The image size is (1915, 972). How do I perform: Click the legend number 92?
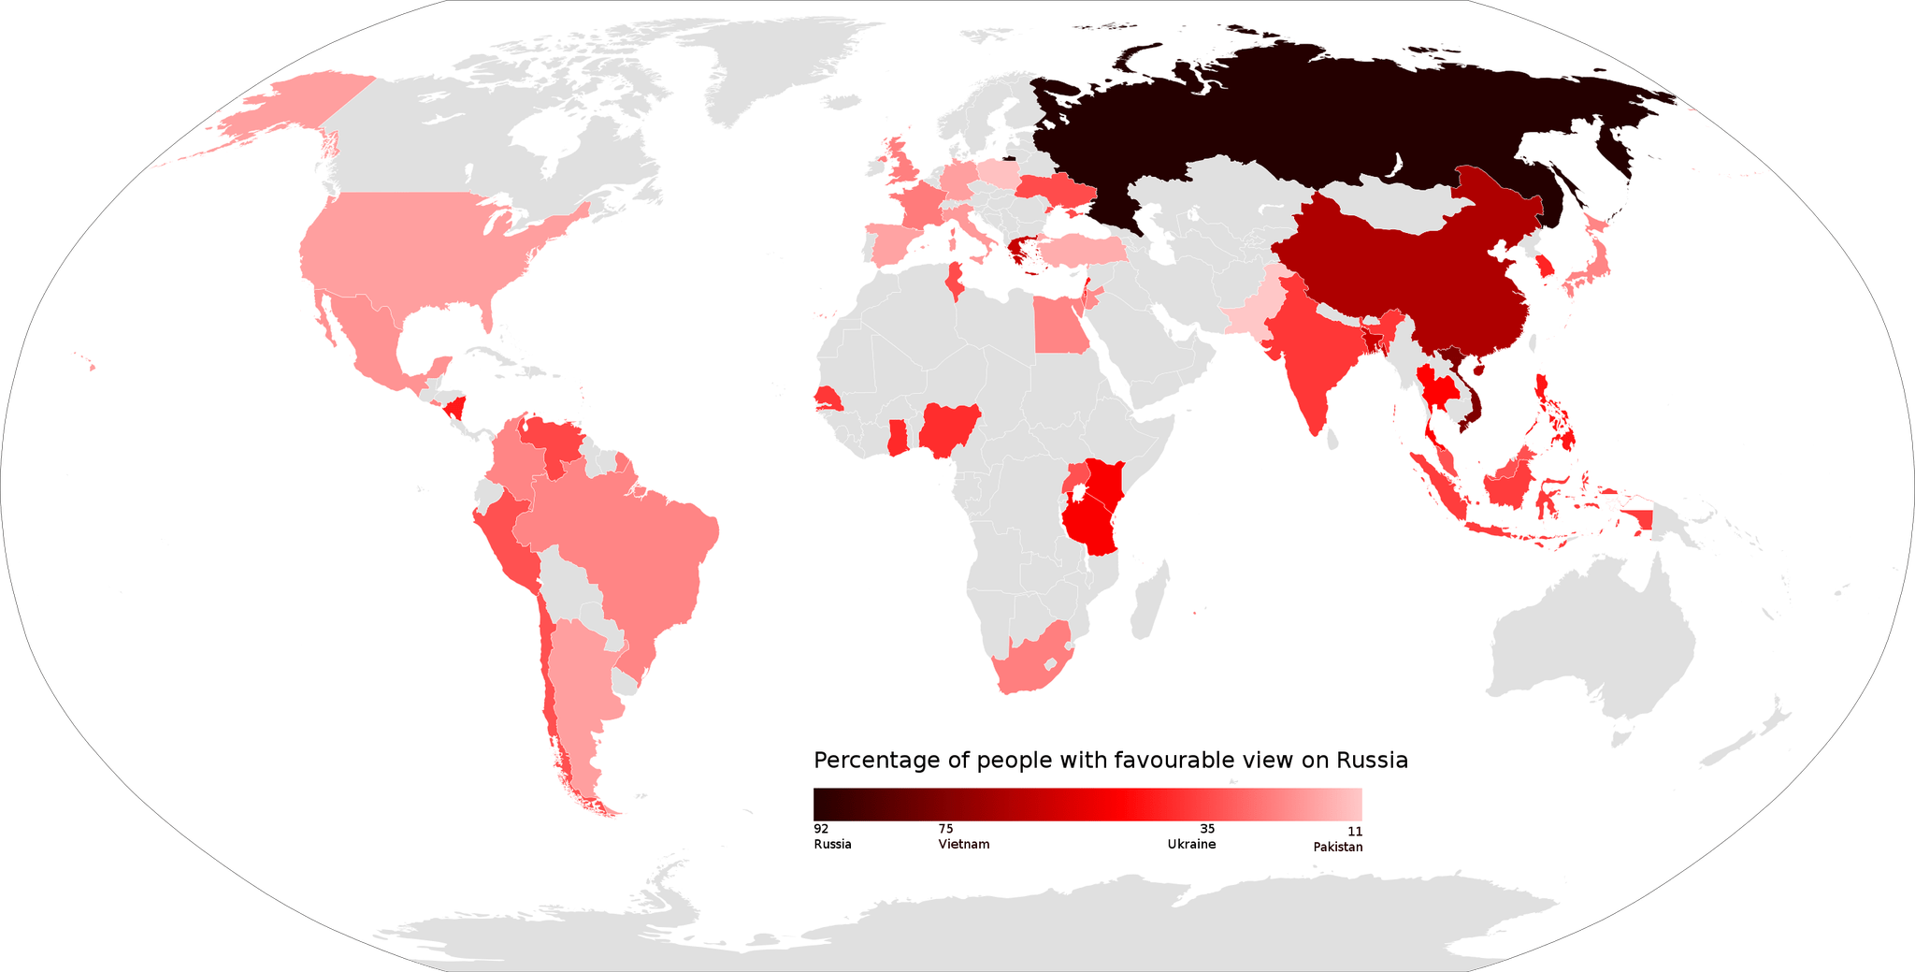821,828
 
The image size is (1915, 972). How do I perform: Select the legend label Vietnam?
963,844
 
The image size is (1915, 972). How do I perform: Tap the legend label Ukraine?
1191,844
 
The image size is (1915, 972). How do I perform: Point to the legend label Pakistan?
1337,847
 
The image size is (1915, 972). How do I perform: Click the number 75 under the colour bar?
945,828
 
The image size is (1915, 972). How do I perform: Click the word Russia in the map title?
1372,760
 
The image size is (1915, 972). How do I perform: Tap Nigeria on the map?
950,428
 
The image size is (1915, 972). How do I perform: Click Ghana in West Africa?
897,438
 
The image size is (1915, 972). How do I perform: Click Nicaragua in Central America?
456,408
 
